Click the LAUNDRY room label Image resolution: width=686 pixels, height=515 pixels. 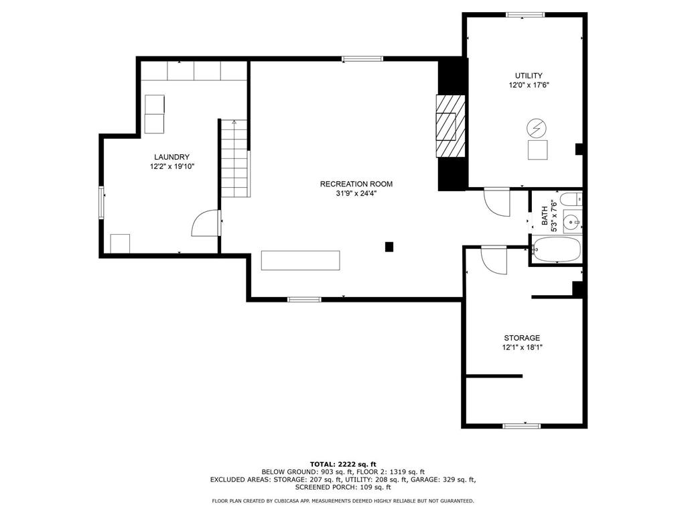coord(171,157)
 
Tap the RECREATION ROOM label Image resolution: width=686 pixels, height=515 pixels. coord(356,184)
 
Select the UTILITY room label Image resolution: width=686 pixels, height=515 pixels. coord(529,75)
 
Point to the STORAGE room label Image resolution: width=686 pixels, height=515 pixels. coord(522,338)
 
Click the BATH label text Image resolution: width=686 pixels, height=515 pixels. coord(545,216)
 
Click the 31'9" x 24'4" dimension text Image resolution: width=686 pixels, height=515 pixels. coord(356,194)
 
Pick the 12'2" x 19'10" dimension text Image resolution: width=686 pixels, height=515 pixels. coord(171,166)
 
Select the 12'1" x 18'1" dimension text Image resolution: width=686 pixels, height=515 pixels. coord(522,347)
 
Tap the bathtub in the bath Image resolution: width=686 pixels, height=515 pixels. coord(557,249)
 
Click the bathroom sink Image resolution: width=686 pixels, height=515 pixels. coord(572,222)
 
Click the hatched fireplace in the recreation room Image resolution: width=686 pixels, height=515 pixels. coord(450,125)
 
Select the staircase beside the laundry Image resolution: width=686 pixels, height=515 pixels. coord(235,158)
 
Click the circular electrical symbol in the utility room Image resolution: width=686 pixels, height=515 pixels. coord(537,128)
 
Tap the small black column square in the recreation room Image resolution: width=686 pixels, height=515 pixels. coord(389,247)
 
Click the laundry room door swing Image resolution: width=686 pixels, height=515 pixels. coord(206,223)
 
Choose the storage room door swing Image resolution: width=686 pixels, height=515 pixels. coord(494,260)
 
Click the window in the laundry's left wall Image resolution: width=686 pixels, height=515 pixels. coord(101,203)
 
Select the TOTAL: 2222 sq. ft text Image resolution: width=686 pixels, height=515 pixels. coord(343,464)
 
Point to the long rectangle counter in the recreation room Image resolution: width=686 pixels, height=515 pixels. coord(301,260)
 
